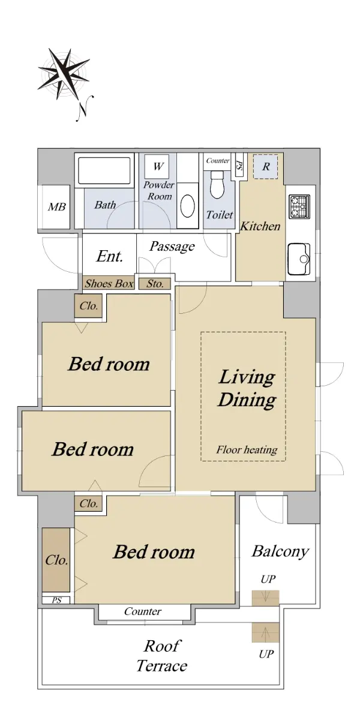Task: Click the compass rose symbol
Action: point(64,73)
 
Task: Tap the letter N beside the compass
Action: point(85,109)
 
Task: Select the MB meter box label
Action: point(56,206)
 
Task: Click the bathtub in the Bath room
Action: point(104,170)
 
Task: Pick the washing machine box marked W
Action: point(157,166)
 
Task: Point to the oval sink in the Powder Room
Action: point(188,206)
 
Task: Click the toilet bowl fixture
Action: point(218,184)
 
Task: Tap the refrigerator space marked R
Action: point(265,167)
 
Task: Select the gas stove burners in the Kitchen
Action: point(299,206)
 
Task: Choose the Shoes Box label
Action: point(109,283)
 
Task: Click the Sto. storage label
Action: point(155,283)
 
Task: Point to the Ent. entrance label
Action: point(110,256)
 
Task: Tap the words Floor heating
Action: point(247,449)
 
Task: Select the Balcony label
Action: point(280,551)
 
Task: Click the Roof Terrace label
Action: point(161,656)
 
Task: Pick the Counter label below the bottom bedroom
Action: point(143,611)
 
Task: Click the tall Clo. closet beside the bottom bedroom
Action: point(56,560)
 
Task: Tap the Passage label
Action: point(172,247)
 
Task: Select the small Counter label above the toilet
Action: point(218,160)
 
